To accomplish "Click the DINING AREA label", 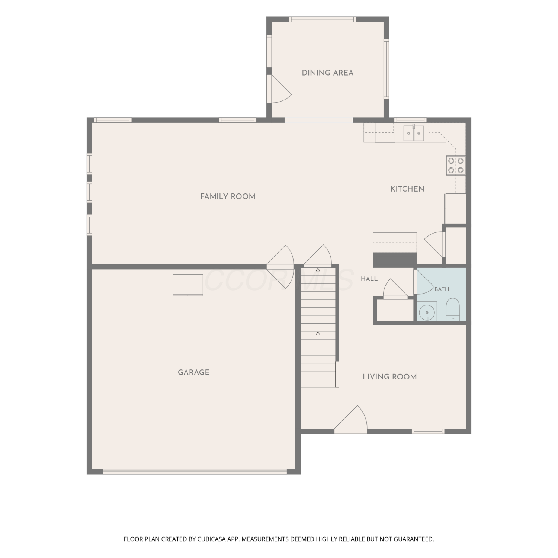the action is tap(327, 73).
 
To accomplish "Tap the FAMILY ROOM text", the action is tap(228, 196).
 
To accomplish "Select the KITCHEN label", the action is tap(407, 189).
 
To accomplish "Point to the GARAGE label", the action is tap(193, 372).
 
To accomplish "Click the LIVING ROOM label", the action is tap(389, 377).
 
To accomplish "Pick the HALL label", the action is tap(369, 279).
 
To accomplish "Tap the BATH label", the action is tap(442, 289).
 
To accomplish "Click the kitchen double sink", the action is tap(414, 133).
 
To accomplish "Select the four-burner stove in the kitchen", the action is tap(456, 166).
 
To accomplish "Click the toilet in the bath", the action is tap(453, 310).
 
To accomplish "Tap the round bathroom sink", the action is tap(427, 312).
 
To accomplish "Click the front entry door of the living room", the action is tap(350, 420).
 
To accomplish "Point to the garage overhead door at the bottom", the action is tap(195, 472).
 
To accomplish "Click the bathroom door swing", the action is tap(424, 282).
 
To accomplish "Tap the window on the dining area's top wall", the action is tap(323, 19).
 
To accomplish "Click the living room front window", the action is tap(428, 431).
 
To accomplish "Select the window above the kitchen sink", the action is tap(410, 120).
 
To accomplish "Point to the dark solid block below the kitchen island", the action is tap(395, 260).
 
